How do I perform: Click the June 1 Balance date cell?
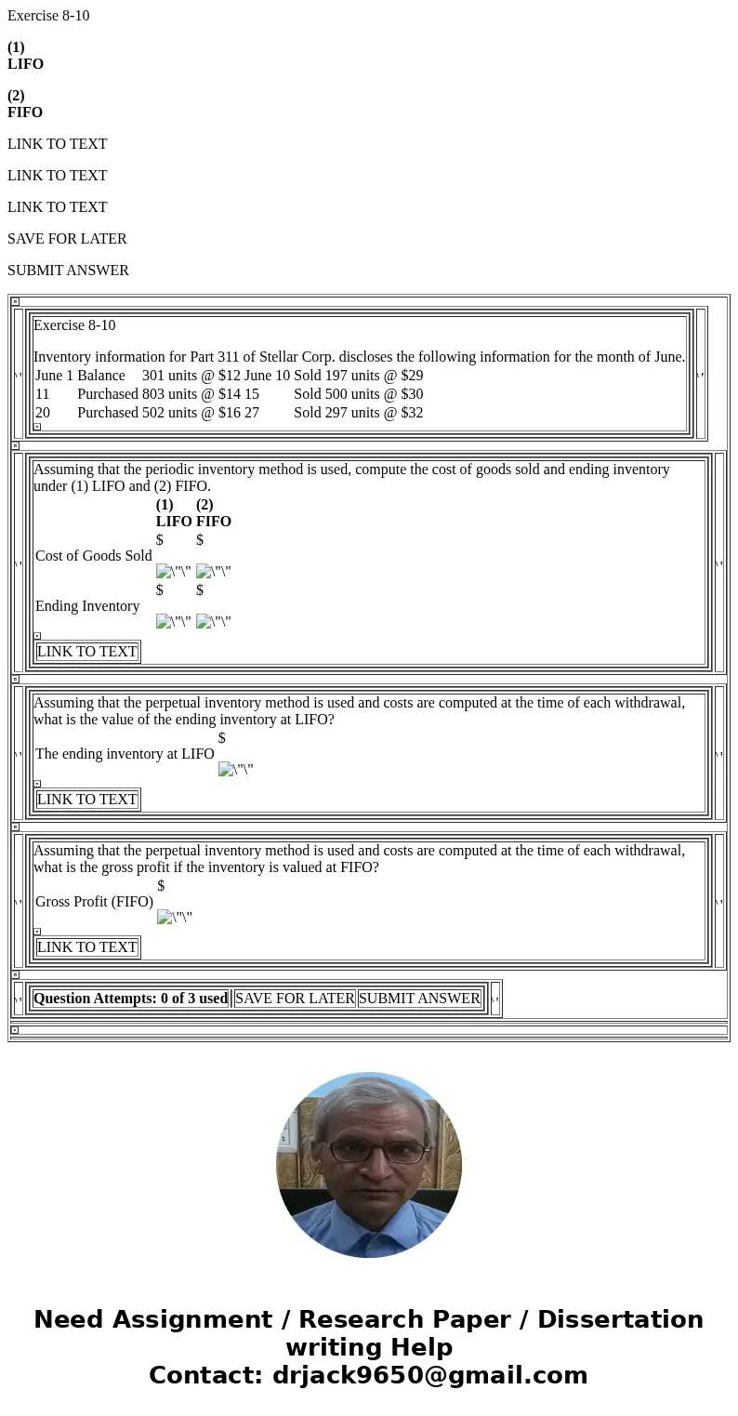pos(54,376)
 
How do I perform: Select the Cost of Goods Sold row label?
pos(93,556)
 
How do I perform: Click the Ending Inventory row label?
pos(87,606)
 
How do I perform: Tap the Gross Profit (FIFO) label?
pos(94,902)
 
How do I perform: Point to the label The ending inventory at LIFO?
pos(125,754)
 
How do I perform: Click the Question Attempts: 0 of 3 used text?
pos(130,999)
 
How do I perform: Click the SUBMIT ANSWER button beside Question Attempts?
pos(419,999)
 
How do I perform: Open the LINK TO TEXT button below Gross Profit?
pos(87,947)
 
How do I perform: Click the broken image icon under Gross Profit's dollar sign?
pos(174,918)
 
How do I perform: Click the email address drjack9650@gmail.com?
pos(429,1376)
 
